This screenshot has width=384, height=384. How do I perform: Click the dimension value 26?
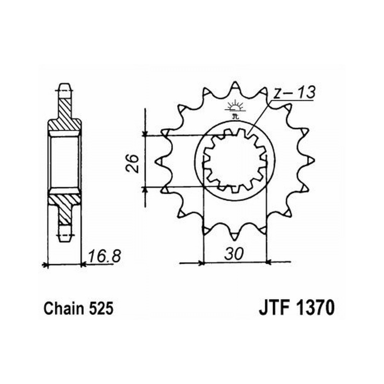[133, 163]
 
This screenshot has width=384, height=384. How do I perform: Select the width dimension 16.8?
[104, 256]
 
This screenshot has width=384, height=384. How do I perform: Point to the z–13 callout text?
[294, 93]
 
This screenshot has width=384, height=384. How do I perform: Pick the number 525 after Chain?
[101, 308]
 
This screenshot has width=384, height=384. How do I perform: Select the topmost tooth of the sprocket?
[235, 86]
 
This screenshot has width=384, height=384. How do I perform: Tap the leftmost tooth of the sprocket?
[159, 161]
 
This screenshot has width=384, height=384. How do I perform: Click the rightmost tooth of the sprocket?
[311, 161]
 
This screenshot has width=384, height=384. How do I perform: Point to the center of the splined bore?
[235, 162]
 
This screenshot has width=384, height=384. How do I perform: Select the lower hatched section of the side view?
[64, 206]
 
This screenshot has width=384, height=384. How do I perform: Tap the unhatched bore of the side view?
[65, 162]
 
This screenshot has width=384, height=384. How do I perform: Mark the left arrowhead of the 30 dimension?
[201, 263]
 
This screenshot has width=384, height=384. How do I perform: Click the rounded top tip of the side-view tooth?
[65, 84]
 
